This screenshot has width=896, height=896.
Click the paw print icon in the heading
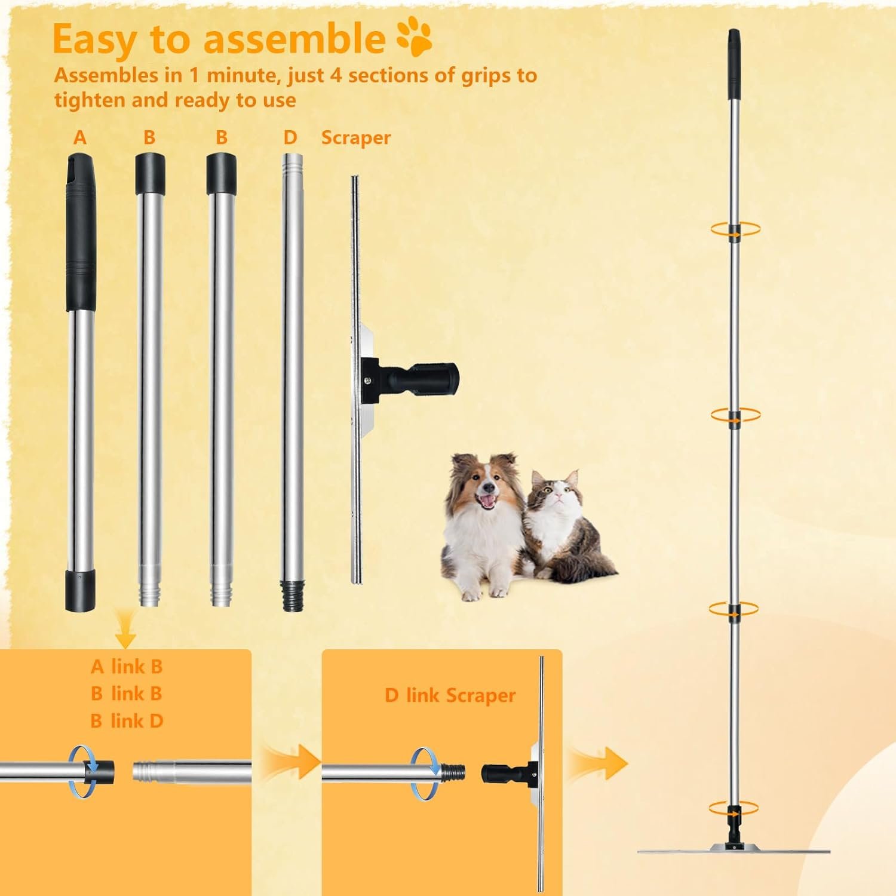pyautogui.click(x=414, y=38)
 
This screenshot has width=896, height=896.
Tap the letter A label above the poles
pyautogui.click(x=80, y=138)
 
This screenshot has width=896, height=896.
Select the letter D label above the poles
pyautogui.click(x=290, y=138)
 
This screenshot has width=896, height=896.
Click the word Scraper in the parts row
pyautogui.click(x=356, y=138)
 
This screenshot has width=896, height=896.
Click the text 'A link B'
pyautogui.click(x=127, y=666)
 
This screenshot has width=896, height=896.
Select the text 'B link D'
pyautogui.click(x=127, y=721)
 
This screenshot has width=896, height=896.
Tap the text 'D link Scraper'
pyautogui.click(x=450, y=695)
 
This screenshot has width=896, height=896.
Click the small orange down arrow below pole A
pyautogui.click(x=125, y=636)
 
